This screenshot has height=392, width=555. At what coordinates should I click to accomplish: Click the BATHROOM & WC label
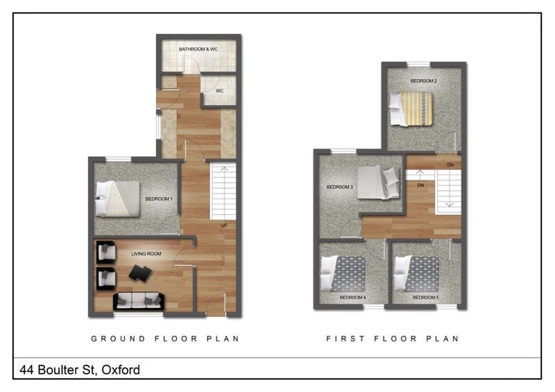tap(198, 49)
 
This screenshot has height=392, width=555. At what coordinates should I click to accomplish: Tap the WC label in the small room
tap(220, 91)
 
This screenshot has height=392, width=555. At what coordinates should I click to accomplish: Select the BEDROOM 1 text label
tap(159, 199)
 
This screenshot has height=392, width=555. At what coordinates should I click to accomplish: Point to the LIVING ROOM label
tap(146, 253)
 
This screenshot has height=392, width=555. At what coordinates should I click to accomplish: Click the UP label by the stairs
tap(224, 225)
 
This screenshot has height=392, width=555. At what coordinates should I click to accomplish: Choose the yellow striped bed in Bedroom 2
tap(411, 109)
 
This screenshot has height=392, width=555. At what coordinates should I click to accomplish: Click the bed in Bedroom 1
tap(117, 198)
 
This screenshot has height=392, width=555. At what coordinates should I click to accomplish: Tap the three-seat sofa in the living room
tap(139, 301)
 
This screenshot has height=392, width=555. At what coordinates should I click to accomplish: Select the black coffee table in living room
tap(140, 273)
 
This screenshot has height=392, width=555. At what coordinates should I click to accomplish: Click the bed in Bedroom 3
tap(378, 182)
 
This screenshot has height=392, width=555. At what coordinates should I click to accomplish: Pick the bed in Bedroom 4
tap(343, 274)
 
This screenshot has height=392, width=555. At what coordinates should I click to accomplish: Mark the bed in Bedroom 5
tap(417, 274)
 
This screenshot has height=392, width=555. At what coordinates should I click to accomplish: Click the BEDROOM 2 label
tap(424, 80)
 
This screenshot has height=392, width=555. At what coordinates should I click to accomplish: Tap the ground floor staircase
tap(223, 191)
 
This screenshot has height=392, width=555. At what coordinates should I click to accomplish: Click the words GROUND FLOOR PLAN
tap(165, 339)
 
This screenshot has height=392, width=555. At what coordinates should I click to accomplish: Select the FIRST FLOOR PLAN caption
tap(393, 339)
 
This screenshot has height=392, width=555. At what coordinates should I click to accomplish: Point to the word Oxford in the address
tap(121, 370)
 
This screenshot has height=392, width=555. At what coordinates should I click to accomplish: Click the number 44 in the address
tap(27, 370)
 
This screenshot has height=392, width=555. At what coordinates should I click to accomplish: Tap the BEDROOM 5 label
tap(426, 298)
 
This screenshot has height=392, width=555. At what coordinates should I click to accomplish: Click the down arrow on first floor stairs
tap(449, 189)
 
